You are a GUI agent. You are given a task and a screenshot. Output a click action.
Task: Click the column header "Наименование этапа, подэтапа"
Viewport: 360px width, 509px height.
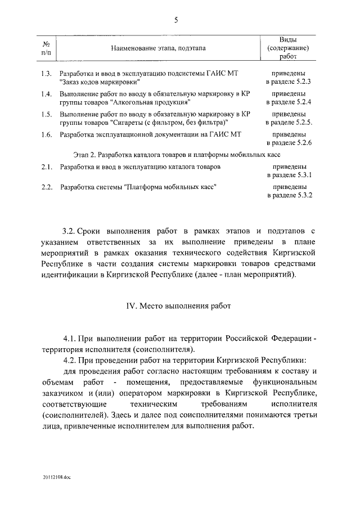158,48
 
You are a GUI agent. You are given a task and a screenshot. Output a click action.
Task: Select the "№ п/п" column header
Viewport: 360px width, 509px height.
48,48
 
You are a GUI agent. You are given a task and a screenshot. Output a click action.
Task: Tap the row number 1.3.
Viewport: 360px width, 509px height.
47,73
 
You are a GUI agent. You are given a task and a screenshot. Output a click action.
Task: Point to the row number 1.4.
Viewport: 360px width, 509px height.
47,94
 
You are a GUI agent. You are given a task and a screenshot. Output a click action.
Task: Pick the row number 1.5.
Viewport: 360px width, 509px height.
47,114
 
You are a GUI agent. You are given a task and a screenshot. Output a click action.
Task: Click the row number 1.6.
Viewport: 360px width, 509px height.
47,134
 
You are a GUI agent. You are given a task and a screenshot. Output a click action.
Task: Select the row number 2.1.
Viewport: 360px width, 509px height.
47,167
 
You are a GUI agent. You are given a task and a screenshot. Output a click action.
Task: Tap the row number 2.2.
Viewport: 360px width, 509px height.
47,187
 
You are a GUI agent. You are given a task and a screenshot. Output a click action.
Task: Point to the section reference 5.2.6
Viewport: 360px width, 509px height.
301,143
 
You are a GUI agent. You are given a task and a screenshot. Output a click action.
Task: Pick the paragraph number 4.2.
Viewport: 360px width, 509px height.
70,359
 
